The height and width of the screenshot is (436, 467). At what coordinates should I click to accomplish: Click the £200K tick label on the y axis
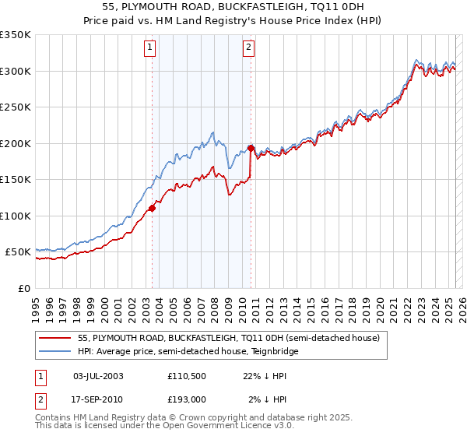pos(16,143)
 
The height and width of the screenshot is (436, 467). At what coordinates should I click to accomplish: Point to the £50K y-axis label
pos(18,252)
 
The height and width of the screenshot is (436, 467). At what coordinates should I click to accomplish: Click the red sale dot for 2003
pos(153,208)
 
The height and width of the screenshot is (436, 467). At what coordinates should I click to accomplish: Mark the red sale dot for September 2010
pos(251,148)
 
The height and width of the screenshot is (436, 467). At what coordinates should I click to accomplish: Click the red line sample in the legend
pos(55,338)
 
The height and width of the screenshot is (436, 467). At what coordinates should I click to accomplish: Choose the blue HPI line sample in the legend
pos(55,351)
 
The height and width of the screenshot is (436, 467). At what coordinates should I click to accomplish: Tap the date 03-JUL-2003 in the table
pos(98,376)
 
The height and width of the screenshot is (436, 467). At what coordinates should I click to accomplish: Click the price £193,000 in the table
pos(188,399)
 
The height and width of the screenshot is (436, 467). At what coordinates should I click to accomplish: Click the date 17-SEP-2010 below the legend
pos(98,399)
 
